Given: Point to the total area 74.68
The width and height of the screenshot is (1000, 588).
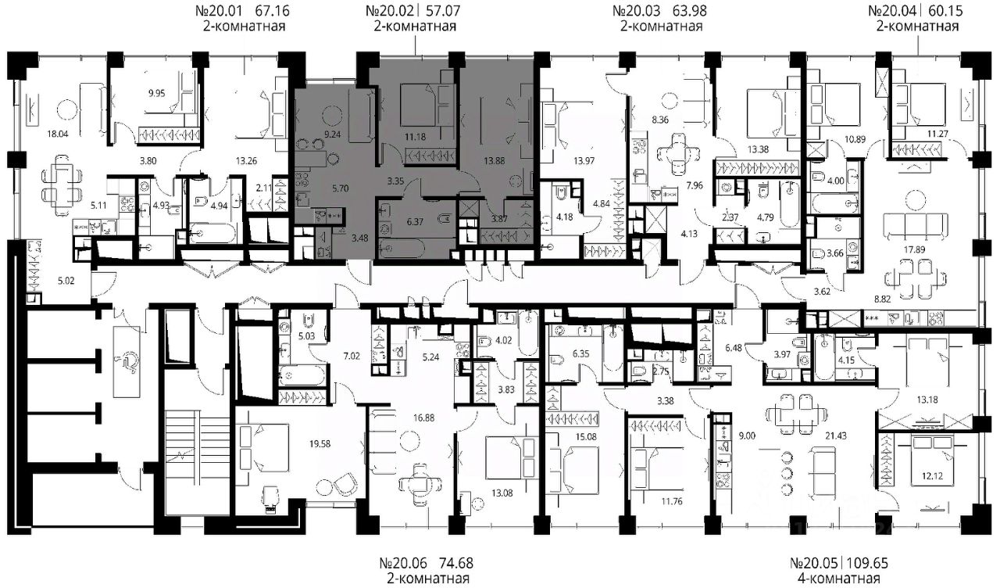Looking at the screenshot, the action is point(455,562).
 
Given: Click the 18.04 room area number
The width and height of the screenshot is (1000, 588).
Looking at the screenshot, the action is point(58,134).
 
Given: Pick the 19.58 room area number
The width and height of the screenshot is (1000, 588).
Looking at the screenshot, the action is point(320,443).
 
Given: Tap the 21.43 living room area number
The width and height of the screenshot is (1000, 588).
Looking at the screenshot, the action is point(836,436).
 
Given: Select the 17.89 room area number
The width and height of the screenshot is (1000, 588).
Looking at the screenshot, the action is point(914,249).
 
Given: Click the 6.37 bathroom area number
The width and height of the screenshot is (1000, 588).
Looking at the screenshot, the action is point(415,221).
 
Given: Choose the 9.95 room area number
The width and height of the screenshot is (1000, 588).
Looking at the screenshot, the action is point(157,93).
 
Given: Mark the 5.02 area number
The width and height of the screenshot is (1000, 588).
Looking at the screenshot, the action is point(66,281).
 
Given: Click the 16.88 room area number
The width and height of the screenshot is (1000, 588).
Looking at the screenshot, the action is point(423,418).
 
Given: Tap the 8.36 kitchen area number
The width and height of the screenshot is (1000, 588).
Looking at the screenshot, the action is point(660,120).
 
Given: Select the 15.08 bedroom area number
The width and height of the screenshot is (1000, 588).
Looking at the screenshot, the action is point(586,436).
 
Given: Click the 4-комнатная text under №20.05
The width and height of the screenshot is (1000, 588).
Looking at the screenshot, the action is point(838,579).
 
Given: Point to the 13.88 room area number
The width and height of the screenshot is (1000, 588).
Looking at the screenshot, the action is point(495,161).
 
